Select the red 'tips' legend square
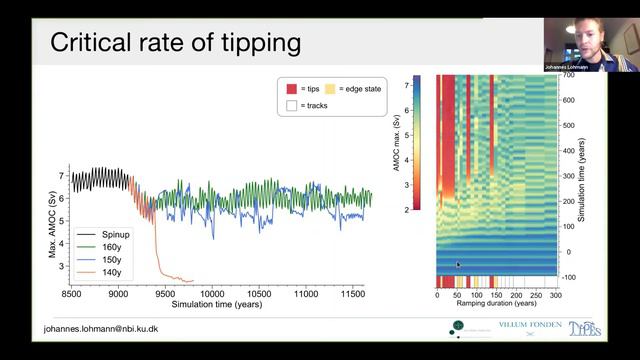coord(291,89)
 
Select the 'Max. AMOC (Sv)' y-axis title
coord(53,226)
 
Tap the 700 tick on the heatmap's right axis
coord(566,76)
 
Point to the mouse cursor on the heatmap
coord(458,265)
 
